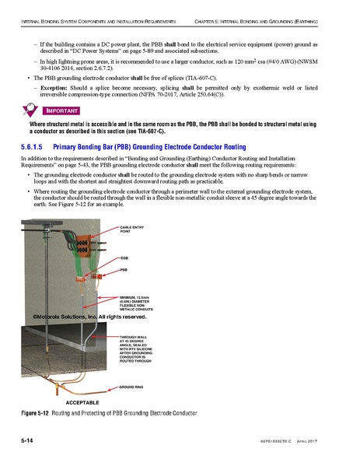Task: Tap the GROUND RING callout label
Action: (133, 386)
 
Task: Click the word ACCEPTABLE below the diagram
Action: (78, 401)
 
